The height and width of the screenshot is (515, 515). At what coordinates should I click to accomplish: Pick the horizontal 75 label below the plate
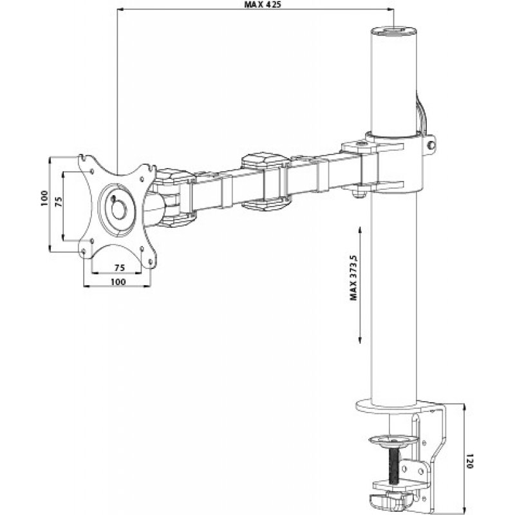tap(119, 267)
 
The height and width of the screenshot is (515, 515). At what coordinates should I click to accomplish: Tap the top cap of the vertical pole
tap(393, 30)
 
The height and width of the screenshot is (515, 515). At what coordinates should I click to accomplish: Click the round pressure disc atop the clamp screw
tap(393, 442)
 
